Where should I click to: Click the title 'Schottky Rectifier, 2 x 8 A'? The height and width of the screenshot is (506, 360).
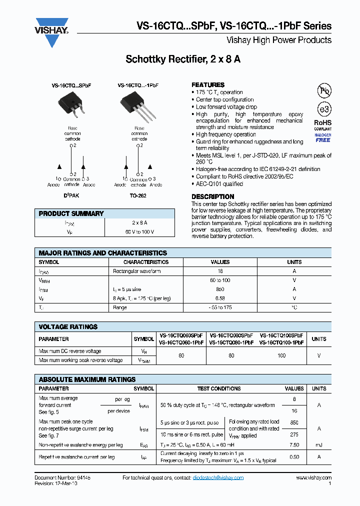click(x=183, y=59)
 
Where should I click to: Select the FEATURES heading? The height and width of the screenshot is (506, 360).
click(x=208, y=85)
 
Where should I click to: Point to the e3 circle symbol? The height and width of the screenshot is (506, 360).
click(x=324, y=109)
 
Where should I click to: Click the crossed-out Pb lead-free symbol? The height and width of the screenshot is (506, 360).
click(x=324, y=90)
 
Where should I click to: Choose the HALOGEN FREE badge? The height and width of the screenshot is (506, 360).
click(x=322, y=137)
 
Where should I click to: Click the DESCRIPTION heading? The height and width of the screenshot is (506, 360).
click(x=212, y=196)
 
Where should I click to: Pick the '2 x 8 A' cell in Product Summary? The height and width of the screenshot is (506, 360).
click(x=139, y=222)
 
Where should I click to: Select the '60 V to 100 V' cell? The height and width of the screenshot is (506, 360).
click(x=139, y=232)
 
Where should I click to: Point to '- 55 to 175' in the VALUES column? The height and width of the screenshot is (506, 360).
click(x=220, y=307)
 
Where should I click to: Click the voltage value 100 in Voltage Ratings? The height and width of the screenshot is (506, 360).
click(x=281, y=355)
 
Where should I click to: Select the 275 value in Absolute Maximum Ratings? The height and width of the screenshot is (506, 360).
click(x=294, y=435)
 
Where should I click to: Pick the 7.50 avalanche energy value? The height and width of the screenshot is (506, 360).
click(x=294, y=445)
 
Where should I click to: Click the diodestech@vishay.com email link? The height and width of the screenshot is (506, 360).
click(x=218, y=478)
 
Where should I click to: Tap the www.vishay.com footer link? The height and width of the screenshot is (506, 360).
click(x=314, y=478)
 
